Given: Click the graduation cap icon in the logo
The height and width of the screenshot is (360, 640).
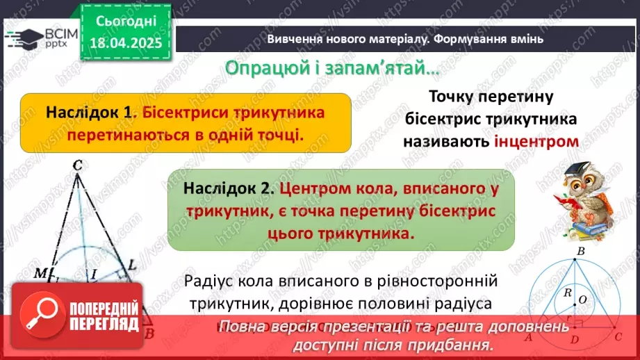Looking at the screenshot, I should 19,35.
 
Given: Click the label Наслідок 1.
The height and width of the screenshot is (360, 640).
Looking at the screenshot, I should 89,112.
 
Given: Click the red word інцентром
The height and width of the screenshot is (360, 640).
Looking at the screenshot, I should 536,141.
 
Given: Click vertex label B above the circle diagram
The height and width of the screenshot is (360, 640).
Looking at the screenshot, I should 581,250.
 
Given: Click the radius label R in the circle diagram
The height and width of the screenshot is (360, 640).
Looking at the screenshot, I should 568,293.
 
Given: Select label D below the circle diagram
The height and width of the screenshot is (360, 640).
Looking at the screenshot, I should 573,339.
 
